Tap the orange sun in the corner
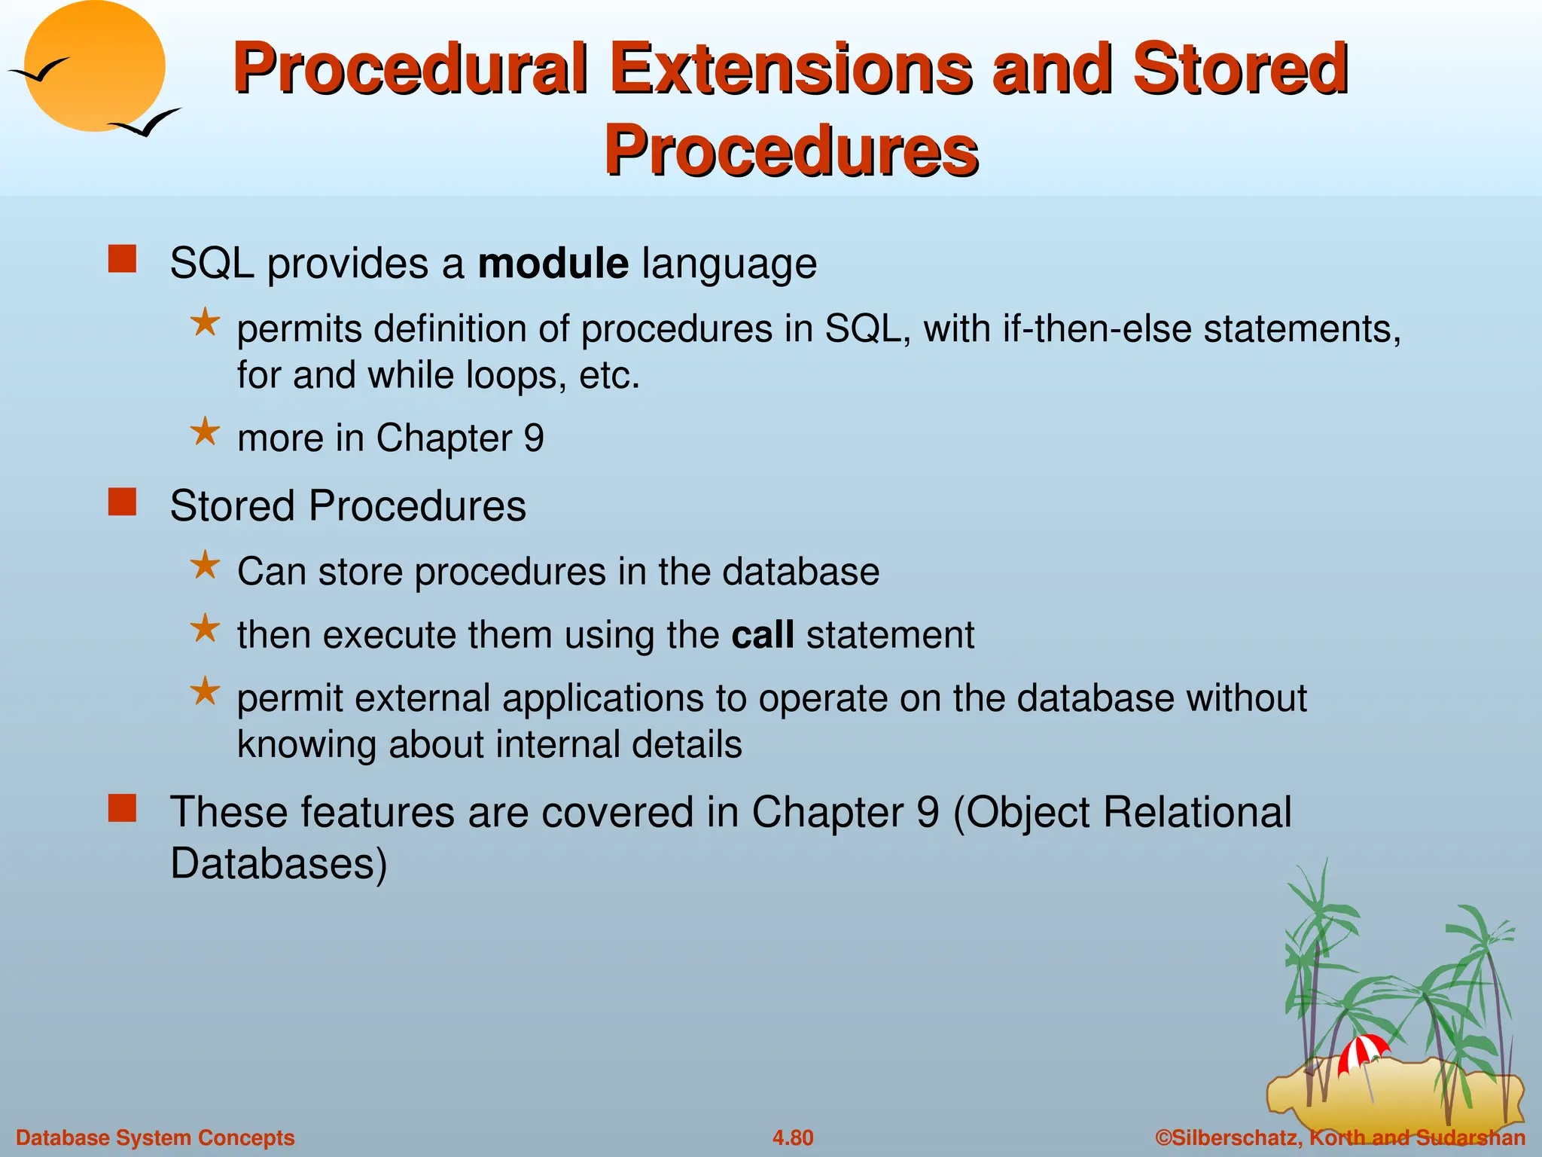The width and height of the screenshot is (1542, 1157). pyautogui.click(x=94, y=66)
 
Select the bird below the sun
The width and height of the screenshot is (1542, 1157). pyautogui.click(x=147, y=123)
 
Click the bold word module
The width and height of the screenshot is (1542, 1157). pyautogui.click(x=553, y=264)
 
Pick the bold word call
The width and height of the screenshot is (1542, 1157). pyautogui.click(x=762, y=634)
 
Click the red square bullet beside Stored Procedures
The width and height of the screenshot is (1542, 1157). pyautogui.click(x=122, y=502)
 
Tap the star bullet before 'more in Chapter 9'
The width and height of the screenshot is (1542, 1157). pyautogui.click(x=205, y=432)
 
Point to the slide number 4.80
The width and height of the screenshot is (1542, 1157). pyautogui.click(x=792, y=1137)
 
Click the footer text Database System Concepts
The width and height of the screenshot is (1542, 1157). pyautogui.click(x=155, y=1137)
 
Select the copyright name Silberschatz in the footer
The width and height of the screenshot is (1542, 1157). pyautogui.click(x=1235, y=1137)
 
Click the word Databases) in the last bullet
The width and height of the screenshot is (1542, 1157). pyautogui.click(x=279, y=863)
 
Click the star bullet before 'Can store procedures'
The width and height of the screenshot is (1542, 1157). pyautogui.click(x=205, y=565)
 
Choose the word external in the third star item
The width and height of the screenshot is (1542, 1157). pyautogui.click(x=421, y=698)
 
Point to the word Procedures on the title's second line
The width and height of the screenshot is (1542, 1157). pyautogui.click(x=791, y=151)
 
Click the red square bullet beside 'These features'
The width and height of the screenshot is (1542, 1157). pyautogui.click(x=122, y=808)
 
